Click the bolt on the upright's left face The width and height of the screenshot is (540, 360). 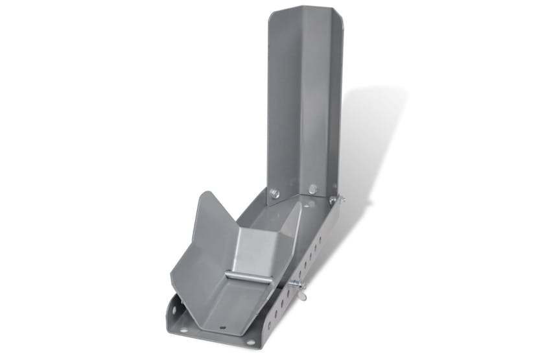coord(274,193)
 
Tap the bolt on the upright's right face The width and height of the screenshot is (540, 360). coord(313,189)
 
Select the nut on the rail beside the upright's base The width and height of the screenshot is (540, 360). coord(334,200)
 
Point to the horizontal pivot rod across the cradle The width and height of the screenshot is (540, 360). coord(244,278)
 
